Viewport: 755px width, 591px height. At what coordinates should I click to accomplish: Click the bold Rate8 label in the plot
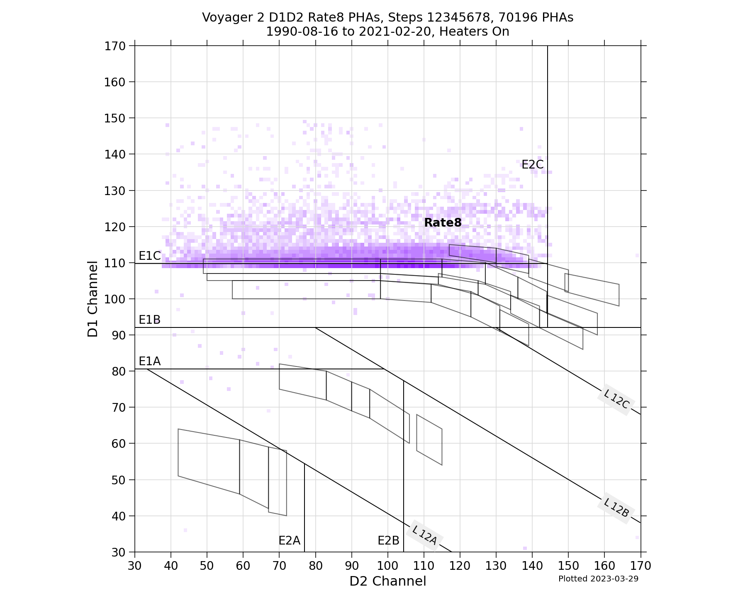click(443, 223)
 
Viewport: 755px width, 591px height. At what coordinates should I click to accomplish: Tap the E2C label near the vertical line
click(532, 165)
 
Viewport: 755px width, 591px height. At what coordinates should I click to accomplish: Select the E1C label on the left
click(149, 256)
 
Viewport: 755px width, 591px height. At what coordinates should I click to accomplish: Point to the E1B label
click(149, 320)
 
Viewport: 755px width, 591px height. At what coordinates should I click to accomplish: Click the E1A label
click(149, 361)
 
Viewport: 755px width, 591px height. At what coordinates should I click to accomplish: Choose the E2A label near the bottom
click(289, 540)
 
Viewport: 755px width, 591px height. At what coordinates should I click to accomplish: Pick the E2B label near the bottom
click(388, 540)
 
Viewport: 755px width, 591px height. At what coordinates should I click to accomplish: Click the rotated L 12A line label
click(424, 535)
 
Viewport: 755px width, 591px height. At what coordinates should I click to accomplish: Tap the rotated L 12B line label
click(616, 508)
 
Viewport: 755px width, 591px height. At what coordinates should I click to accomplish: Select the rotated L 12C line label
click(616, 399)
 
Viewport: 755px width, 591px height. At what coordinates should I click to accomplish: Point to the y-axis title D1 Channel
click(93, 299)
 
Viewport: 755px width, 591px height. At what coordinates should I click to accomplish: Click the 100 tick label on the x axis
click(387, 565)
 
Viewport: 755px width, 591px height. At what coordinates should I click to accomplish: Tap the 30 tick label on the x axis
click(135, 565)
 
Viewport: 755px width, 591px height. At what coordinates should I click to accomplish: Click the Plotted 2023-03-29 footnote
click(598, 579)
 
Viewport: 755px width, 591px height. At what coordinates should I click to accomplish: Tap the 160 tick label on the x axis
click(604, 565)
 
